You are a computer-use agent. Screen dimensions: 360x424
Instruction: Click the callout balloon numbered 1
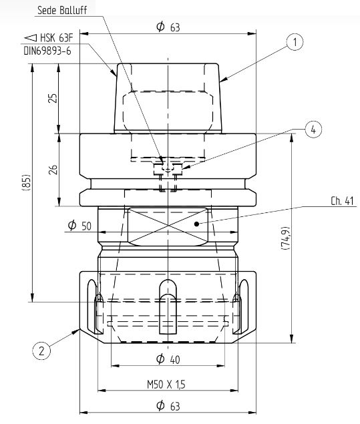[295, 42]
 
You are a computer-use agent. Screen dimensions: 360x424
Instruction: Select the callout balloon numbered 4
[313, 130]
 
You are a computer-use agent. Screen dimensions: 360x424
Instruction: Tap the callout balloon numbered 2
[41, 351]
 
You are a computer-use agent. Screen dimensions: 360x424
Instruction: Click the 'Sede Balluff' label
[62, 10]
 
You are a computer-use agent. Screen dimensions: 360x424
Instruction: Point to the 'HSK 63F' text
[57, 37]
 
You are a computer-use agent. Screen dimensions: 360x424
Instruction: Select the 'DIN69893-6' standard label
[47, 51]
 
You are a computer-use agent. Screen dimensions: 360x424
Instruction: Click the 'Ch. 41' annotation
[342, 201]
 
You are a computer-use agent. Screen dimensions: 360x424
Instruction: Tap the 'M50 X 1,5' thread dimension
[166, 384]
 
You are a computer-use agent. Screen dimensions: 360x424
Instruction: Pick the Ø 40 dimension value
[168, 359]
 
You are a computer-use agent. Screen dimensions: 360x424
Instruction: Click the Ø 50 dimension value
[79, 225]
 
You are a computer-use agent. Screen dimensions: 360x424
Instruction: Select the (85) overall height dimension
[26, 182]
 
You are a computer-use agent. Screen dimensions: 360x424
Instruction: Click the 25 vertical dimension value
[53, 98]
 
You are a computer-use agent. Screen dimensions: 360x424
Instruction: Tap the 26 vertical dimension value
[53, 170]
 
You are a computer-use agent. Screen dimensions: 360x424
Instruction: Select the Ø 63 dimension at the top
[168, 27]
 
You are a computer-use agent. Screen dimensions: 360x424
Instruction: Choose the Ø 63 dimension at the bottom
[168, 405]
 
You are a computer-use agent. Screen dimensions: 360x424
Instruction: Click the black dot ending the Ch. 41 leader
[197, 224]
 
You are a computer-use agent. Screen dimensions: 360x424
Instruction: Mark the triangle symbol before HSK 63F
[30, 37]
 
